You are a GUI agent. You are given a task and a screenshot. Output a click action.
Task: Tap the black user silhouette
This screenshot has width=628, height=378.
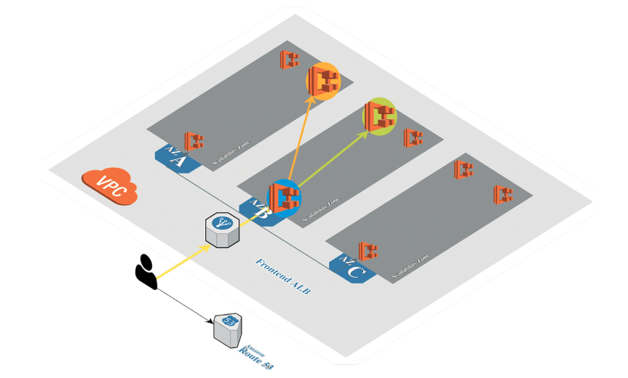tap(146, 272)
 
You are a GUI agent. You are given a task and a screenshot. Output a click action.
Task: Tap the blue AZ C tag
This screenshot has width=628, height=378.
tap(351, 269)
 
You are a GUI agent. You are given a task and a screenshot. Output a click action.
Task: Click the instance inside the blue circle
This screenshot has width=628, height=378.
tap(285, 198)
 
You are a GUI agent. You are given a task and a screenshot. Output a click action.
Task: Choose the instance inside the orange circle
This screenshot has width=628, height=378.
tap(322, 81)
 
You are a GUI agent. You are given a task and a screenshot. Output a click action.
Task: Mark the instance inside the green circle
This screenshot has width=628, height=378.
tap(379, 116)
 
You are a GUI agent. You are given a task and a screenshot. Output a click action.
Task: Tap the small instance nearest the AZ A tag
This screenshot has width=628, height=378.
tap(194, 140)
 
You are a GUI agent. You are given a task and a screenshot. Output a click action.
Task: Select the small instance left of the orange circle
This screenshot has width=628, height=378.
tap(290, 60)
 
